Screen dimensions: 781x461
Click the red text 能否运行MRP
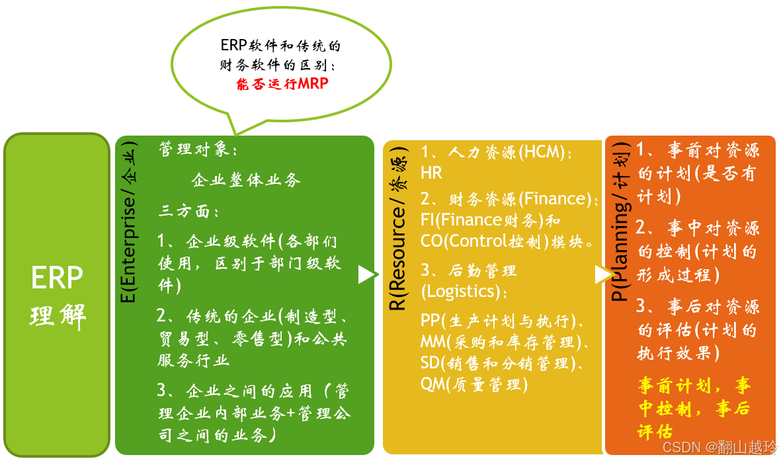[x=282, y=84]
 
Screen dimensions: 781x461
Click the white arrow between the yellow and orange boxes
[x=602, y=274]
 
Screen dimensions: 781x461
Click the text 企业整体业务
[x=246, y=180]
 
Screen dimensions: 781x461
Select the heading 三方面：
[x=188, y=212]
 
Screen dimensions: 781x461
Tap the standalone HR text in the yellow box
[x=431, y=173]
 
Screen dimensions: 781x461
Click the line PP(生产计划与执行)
[x=502, y=321]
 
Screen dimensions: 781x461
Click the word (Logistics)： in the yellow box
[x=465, y=291]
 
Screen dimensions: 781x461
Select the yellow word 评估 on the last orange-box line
[x=655, y=431]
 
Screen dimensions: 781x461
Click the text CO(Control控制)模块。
[x=507, y=241]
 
